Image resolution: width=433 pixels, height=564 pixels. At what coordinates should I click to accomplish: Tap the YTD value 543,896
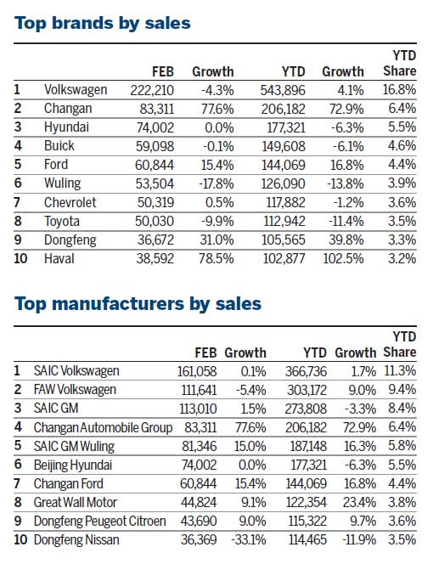pyautogui.click(x=285, y=88)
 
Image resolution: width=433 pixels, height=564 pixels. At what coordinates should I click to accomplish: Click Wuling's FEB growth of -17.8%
pyautogui.click(x=213, y=182)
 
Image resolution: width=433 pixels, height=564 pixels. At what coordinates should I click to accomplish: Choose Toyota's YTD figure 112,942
pyautogui.click(x=285, y=219)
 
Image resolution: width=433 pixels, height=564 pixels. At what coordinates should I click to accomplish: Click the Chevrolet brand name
pyautogui.click(x=71, y=200)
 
